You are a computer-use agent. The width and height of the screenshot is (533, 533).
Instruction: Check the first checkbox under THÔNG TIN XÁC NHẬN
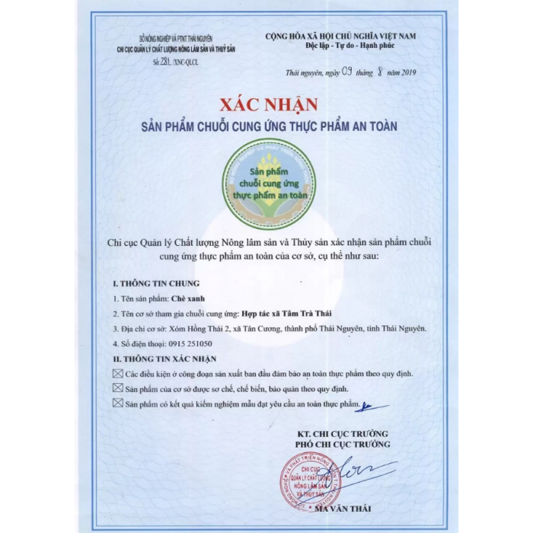click(117, 372)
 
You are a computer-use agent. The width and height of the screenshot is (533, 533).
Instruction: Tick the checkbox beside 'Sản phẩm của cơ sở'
click(117, 388)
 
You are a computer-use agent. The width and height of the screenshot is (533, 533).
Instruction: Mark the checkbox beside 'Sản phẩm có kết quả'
click(117, 403)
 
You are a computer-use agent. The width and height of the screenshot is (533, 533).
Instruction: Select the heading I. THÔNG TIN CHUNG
click(145, 283)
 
